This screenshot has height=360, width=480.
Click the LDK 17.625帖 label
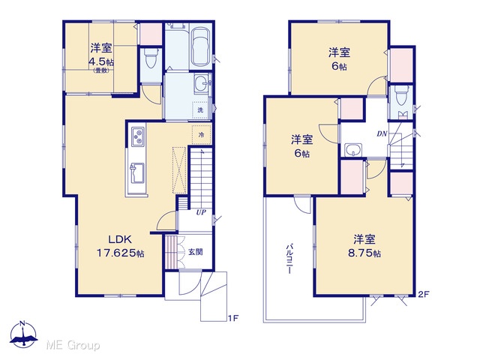pos(121,246)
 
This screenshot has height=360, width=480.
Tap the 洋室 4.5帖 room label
pos(101,58)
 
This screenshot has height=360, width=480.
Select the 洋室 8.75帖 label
pos(364,246)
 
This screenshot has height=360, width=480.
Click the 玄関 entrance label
pos(195,252)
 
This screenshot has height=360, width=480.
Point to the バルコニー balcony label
pos(289,259)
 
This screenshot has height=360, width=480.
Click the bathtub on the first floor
pos(200,46)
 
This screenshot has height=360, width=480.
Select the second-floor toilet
pos(402,95)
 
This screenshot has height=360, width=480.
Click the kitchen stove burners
pos(138,136)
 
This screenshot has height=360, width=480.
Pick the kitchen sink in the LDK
pos(136,173)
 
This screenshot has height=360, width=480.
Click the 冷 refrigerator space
pos(202,135)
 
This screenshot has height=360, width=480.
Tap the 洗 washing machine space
pos(200,109)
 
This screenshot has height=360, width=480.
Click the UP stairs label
pos(201,212)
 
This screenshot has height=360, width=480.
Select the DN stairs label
pos(382,133)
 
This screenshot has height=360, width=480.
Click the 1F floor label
pos(232,318)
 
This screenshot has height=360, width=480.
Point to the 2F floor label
pos(424,294)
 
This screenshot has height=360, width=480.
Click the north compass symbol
pos(23,334)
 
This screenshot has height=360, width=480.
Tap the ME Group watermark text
pos(73,345)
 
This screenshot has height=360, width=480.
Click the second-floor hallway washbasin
pos(353,150)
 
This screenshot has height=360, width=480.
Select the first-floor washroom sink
pos(202,83)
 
